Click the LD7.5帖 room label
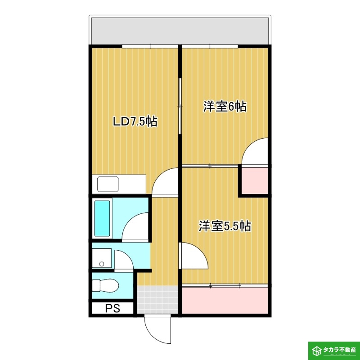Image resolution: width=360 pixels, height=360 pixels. click(x=135, y=121)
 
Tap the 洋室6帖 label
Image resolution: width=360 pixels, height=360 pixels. click(x=225, y=107)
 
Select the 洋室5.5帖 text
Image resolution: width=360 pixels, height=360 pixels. click(x=225, y=226)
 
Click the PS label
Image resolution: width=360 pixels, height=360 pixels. click(x=112, y=309)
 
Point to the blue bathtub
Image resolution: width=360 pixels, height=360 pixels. click(x=103, y=219)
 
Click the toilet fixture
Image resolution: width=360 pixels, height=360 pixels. click(x=105, y=285)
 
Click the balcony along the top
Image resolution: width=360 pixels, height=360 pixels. click(x=180, y=31)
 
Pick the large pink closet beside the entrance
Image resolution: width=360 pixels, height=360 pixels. click(x=225, y=300)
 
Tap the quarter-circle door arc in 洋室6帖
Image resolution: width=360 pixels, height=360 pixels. click(x=256, y=153)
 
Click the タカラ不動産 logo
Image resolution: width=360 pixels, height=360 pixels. click(x=333, y=350)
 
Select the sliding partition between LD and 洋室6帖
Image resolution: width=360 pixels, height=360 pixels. click(x=180, y=106)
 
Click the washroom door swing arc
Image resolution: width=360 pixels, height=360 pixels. click(x=124, y=260)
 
